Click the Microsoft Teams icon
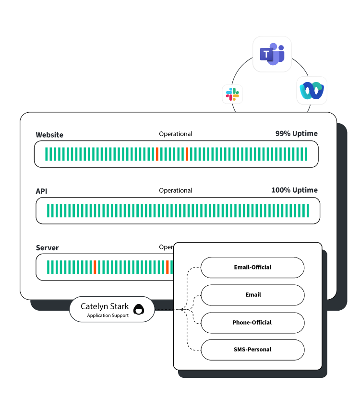pos(272,54)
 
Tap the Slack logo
pos(232,93)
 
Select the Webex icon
pos(312,90)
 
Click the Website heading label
pos(49,135)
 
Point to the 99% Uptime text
pos(296,133)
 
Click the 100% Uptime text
pos(294,190)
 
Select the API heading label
pos(42,191)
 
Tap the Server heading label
pos(48,248)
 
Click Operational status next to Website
pos(176,134)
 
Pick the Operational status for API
pos(176,190)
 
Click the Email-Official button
pos(252,267)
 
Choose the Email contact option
pos(252,295)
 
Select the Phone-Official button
pos(252,323)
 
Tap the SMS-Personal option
pos(252,350)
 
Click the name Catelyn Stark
pos(105,306)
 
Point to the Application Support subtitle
pos(108,315)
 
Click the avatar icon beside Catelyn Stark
pos(138,310)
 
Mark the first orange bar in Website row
pos(157,154)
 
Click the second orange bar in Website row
pos(187,154)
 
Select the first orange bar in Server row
pos(95,267)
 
